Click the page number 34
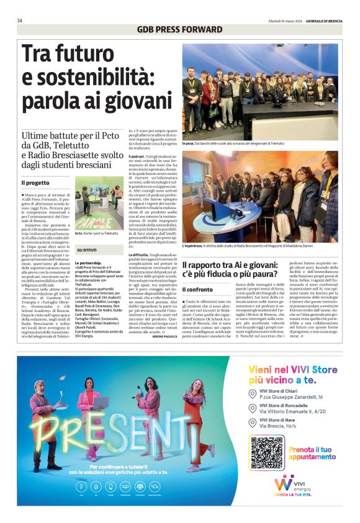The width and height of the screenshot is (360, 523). pos(20,20)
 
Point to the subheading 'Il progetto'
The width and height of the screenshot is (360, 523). pos(35,183)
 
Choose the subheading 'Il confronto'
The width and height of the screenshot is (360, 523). pos(197,290)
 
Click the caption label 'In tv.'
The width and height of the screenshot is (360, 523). pos(79,233)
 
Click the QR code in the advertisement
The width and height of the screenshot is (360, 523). pos(267,452)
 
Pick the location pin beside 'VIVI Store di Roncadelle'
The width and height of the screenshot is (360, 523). pos(252,408)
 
